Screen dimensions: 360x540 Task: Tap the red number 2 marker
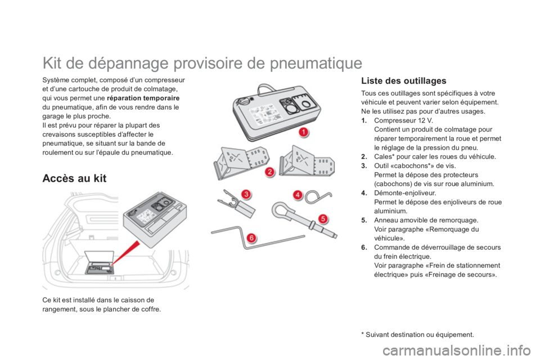270,172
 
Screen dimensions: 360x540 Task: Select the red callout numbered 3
246,194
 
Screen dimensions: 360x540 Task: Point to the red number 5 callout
322,218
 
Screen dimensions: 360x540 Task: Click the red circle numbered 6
251,238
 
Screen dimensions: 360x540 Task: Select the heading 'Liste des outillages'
404,80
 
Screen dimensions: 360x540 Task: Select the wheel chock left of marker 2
236,162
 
